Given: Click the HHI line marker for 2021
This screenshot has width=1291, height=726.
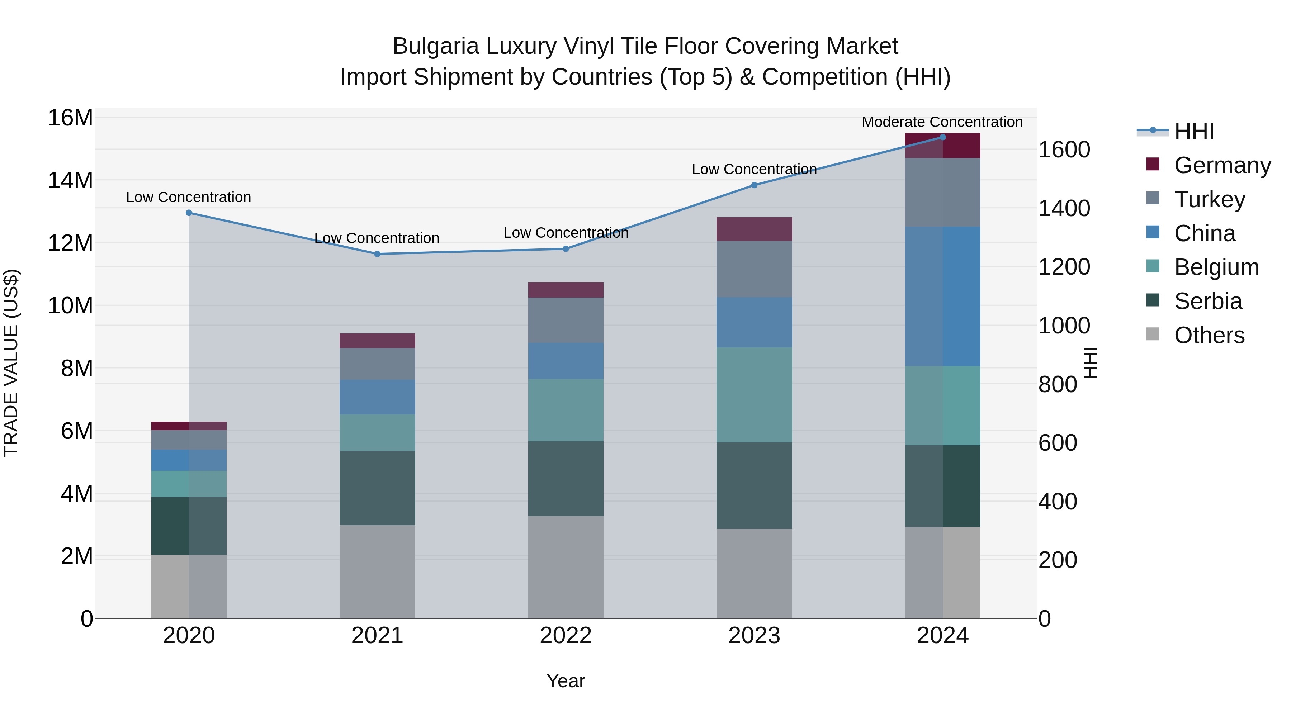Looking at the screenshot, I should coord(377,254).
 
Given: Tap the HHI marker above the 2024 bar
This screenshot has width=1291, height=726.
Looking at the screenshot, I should coord(943,137).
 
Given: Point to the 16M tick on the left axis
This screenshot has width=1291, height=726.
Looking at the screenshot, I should coord(70,118).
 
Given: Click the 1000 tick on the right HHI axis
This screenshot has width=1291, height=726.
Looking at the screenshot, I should coord(1064,326).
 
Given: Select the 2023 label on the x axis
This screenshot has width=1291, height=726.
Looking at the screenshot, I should coord(754,636).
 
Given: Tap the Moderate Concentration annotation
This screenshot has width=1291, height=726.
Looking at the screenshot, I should coord(942,122).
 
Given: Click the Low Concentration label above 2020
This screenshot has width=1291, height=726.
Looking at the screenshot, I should coord(188,198).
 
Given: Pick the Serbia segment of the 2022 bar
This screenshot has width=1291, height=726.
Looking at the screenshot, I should coord(566,479).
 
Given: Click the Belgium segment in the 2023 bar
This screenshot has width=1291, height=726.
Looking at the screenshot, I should coord(754,395).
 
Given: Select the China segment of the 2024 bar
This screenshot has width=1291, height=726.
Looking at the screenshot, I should coord(943,296).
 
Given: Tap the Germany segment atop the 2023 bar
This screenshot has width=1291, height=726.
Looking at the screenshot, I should coord(754,229).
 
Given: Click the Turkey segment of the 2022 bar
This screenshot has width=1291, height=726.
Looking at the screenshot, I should coord(566,320).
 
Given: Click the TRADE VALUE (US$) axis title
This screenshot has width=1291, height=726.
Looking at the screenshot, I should coord(11,363).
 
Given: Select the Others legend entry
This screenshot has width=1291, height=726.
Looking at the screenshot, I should coord(1209,335).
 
